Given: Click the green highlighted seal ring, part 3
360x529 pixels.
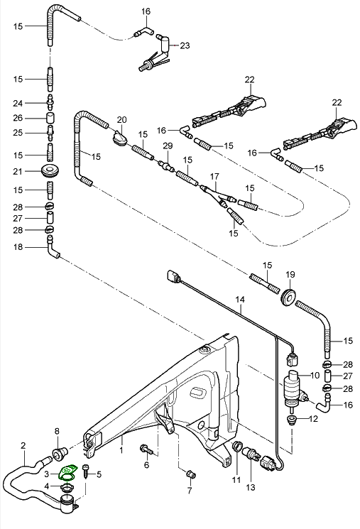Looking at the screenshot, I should (67, 472).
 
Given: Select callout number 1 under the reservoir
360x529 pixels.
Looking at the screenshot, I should (121, 450).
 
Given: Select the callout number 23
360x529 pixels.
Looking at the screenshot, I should (185, 45).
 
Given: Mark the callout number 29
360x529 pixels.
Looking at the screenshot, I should (168, 146).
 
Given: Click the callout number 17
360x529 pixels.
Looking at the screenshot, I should (214, 175).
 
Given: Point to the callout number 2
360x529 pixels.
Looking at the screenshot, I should (23, 446).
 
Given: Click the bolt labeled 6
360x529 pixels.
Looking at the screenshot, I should (145, 449).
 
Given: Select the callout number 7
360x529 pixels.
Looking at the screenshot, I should (190, 490).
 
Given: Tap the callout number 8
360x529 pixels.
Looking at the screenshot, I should (58, 431).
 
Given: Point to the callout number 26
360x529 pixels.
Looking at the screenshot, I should (19, 118).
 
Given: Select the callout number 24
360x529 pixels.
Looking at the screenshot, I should (19, 102).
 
